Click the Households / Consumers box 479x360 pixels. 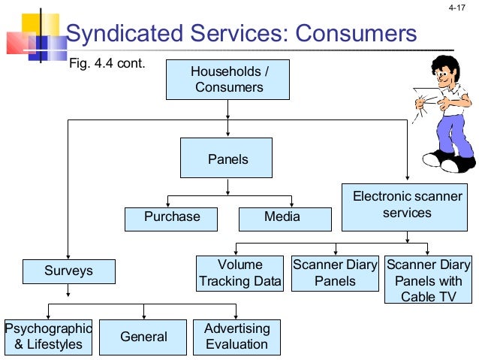click(228, 80)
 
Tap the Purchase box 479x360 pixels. click(172, 217)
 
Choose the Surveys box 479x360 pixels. click(68, 271)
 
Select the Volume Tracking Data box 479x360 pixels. click(239, 274)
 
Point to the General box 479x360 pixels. click(143, 337)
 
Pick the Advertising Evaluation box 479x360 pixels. click(236, 337)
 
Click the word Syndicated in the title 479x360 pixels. click(118, 35)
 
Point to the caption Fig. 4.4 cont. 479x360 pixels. click(106, 63)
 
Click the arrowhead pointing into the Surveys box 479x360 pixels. click(68, 256)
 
